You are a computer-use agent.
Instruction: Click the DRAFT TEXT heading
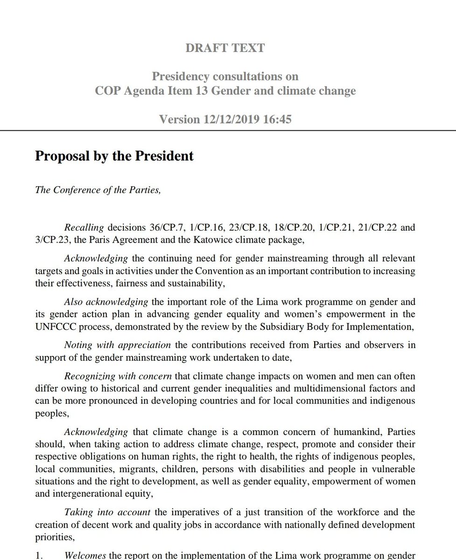tap(225, 48)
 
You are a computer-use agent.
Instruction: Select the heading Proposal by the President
tap(114, 155)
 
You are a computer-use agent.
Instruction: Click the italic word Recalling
tap(84, 228)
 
